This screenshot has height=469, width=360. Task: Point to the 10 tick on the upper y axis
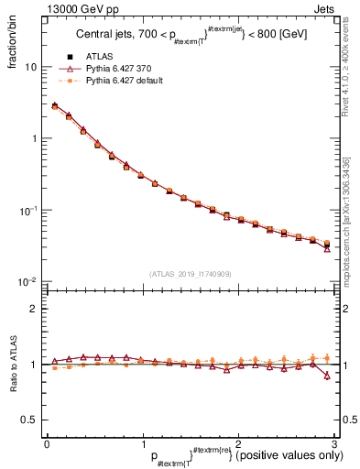point(30,67)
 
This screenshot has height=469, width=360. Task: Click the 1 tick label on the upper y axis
point(35,138)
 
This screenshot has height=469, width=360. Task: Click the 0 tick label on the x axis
point(47,443)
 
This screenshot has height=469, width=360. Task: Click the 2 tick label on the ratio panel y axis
point(35,309)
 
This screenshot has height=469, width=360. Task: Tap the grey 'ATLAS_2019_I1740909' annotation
point(190,273)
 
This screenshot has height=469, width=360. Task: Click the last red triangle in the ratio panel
point(327,376)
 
